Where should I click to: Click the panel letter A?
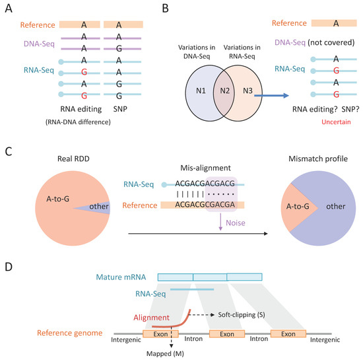tap(9, 10)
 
